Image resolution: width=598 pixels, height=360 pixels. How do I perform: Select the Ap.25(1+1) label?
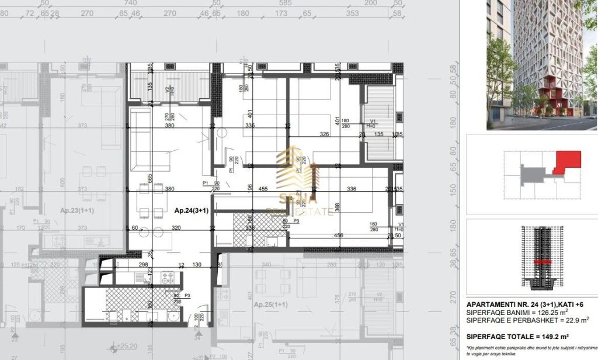click(270, 305)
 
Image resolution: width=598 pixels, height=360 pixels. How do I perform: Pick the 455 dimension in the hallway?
click(263, 189)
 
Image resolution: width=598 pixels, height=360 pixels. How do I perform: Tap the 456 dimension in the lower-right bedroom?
click(339, 236)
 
